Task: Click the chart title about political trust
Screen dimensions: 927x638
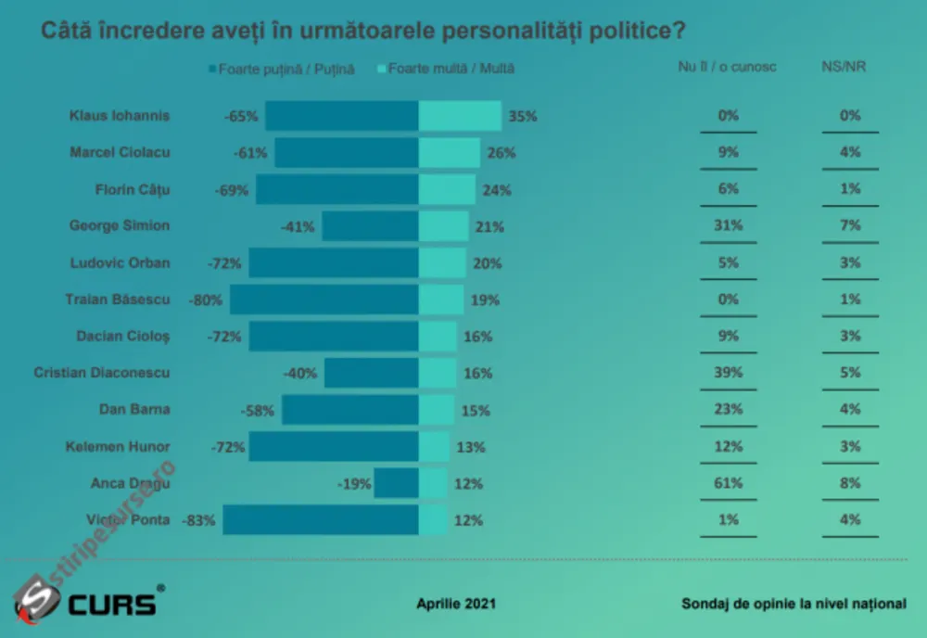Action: click(363, 31)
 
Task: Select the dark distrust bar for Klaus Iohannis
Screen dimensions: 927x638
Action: click(342, 116)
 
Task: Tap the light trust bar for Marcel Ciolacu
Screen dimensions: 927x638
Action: click(450, 153)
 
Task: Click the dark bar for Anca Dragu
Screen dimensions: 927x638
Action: click(396, 483)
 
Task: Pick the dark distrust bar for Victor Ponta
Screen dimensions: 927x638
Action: click(321, 519)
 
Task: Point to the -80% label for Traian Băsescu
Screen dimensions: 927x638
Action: click(205, 300)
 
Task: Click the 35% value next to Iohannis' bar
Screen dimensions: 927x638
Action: click(523, 117)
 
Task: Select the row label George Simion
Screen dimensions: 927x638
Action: click(120, 225)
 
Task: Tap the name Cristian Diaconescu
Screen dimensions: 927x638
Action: click(102, 373)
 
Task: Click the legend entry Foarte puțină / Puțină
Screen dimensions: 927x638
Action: click(282, 70)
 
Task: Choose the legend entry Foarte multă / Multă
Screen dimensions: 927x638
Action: click(446, 69)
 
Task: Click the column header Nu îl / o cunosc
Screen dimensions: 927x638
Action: click(727, 67)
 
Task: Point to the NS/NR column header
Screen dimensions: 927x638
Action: click(844, 66)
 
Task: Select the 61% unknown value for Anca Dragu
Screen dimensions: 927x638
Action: click(728, 483)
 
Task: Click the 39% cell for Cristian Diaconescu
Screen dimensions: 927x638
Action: click(728, 373)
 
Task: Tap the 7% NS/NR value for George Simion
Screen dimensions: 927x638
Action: click(850, 225)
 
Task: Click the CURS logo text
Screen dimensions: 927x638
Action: click(112, 605)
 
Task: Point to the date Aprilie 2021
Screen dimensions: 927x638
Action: click(456, 604)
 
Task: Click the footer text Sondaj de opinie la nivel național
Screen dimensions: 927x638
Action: click(794, 604)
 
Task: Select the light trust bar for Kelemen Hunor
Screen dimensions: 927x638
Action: click(434, 446)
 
